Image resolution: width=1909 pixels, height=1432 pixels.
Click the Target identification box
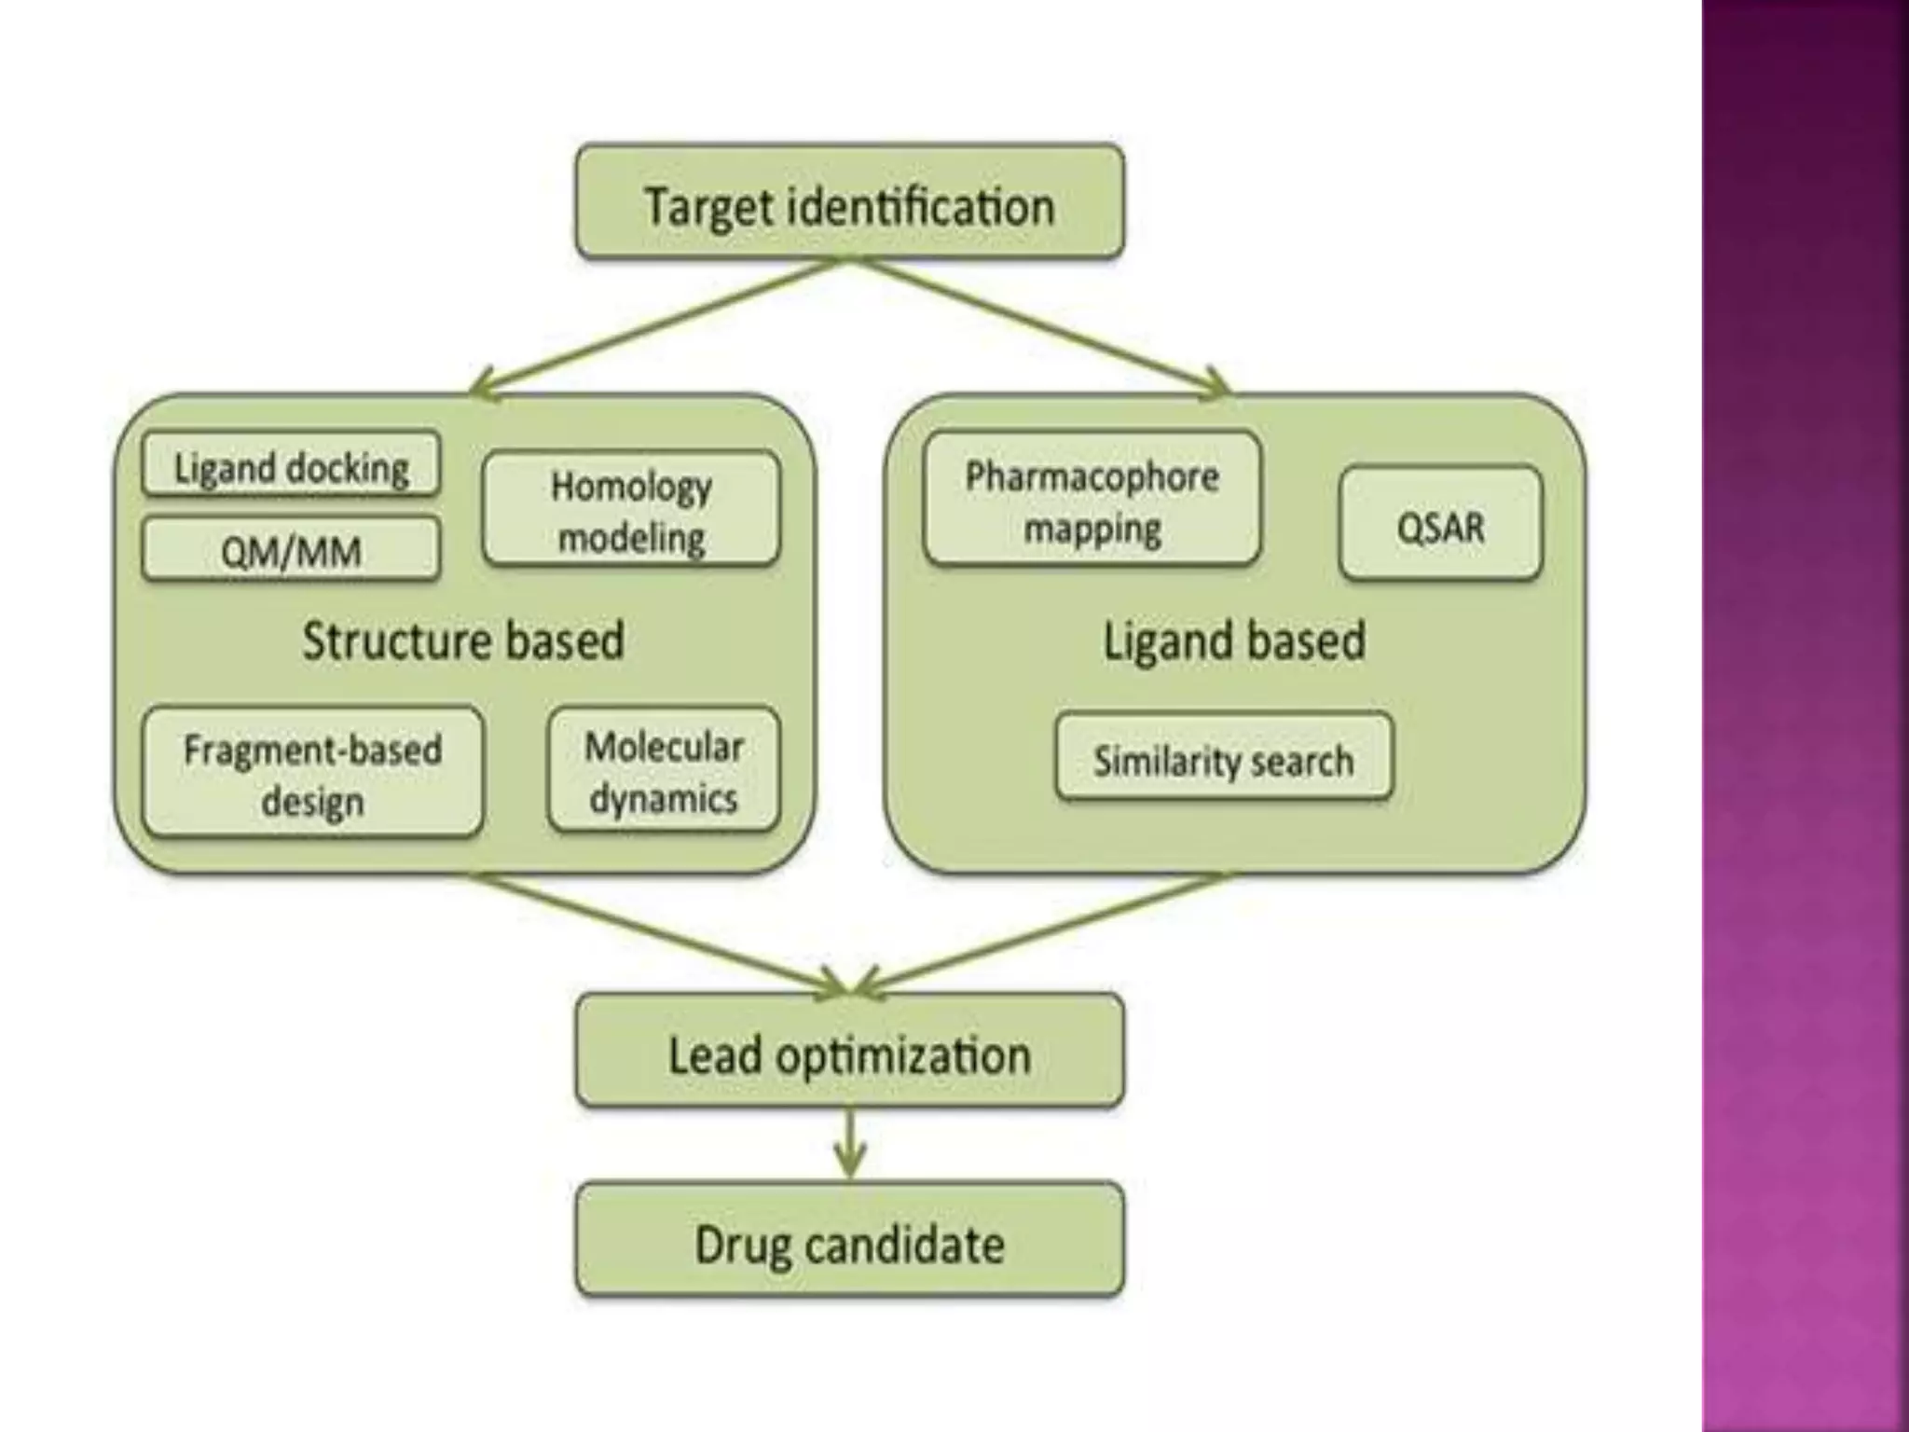849,202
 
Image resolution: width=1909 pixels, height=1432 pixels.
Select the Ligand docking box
291,465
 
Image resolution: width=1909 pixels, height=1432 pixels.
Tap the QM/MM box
291,551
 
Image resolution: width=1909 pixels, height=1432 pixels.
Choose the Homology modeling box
631,510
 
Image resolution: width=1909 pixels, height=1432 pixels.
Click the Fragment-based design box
312,773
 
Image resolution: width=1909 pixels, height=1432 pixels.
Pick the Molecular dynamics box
663,771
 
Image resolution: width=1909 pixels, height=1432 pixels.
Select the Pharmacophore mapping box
1092,501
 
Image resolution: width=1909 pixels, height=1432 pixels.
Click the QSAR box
1440,525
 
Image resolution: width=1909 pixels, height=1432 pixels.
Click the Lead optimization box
849,1053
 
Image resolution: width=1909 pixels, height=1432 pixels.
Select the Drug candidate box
849,1242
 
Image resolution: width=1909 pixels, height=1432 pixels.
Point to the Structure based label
462,640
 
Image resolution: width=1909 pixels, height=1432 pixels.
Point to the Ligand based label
1234,640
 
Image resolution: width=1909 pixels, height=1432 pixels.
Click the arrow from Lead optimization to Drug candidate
849,1145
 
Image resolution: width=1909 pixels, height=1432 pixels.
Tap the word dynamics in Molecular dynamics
663,799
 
